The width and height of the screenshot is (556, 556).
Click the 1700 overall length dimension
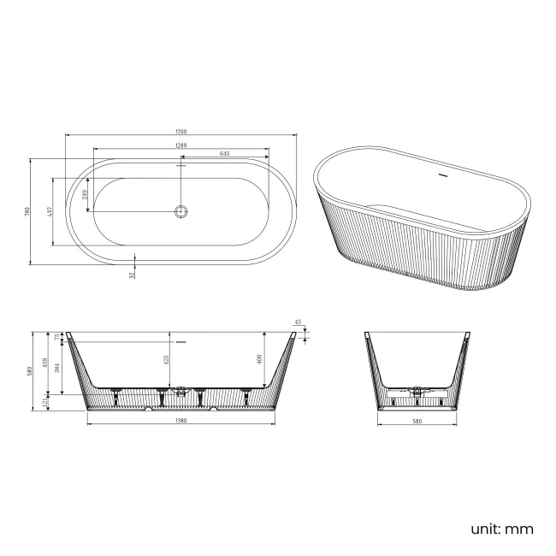180,132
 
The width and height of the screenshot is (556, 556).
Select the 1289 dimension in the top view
180,145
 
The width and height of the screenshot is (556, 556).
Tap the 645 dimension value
224,154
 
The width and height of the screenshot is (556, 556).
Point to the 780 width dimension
28,210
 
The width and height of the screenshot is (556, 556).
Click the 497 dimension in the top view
50,211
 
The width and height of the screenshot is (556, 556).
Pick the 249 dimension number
85,194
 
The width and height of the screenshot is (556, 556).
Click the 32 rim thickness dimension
132,275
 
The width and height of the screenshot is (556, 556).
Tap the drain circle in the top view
180,210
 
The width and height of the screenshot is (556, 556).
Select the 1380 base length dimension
180,421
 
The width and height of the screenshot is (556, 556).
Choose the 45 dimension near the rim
298,323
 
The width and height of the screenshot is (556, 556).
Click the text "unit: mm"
501,529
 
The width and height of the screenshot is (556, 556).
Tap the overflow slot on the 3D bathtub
442,177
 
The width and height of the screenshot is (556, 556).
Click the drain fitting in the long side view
180,393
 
